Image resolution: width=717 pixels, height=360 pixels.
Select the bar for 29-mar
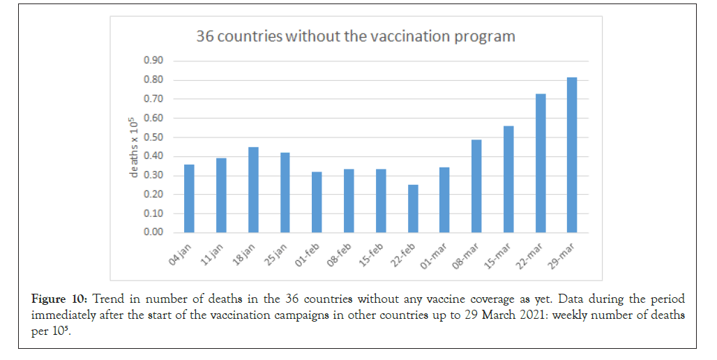572,155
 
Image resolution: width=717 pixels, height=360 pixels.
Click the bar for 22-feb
414,209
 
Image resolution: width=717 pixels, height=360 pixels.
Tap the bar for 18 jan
253,190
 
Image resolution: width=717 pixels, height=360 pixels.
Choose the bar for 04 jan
189,198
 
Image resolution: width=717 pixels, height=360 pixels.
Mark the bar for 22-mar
540,163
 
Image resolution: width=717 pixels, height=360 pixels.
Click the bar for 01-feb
317,202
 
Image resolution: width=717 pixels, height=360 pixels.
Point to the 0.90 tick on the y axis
153,61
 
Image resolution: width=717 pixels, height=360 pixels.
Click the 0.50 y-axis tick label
153,137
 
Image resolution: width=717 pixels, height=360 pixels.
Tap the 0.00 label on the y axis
153,232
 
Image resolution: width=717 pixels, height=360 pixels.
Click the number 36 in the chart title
205,36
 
